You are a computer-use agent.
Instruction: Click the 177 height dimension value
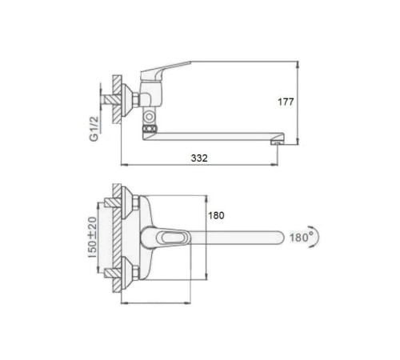286,102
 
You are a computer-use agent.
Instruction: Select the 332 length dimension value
199,158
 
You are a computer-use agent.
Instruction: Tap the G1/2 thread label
94,129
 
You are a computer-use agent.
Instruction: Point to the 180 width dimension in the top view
216,215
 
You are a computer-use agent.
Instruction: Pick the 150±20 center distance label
92,237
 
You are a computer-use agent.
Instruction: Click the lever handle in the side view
166,70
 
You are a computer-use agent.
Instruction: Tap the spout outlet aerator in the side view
278,142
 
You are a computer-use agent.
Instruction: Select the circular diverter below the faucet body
149,117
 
